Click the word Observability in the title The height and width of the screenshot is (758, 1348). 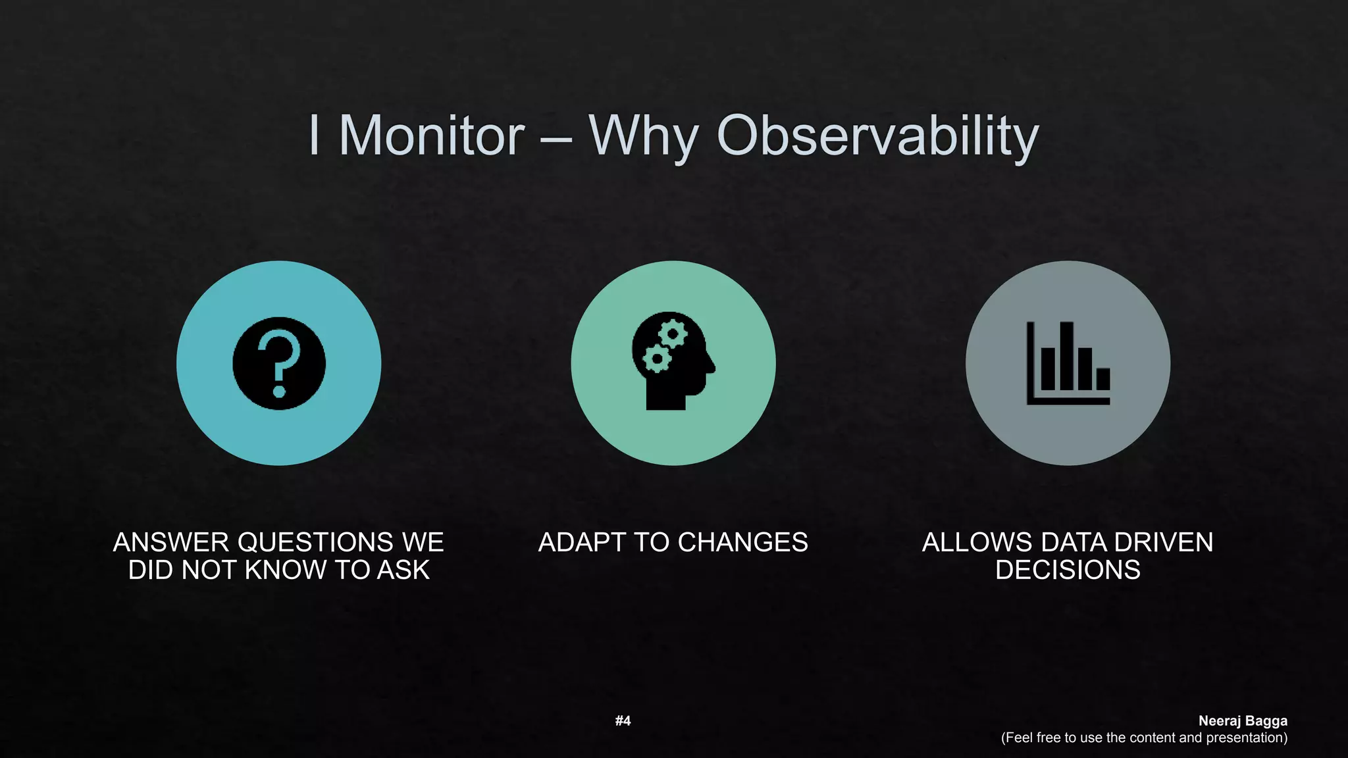click(877, 136)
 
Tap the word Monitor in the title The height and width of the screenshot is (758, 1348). click(431, 136)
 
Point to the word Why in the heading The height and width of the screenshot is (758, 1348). click(643, 136)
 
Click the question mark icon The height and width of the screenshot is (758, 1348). click(279, 363)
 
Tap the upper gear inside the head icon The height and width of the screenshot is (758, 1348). click(673, 334)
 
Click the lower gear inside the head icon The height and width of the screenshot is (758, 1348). click(656, 359)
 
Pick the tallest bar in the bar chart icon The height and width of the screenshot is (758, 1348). click(1066, 355)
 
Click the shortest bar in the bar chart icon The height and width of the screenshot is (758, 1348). click(1103, 379)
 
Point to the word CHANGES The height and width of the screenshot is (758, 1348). click(742, 542)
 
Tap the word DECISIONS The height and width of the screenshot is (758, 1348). click(1068, 570)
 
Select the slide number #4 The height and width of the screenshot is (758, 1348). click(623, 720)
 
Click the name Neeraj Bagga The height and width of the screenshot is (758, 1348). click(1243, 720)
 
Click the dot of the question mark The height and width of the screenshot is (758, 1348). click(279, 392)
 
